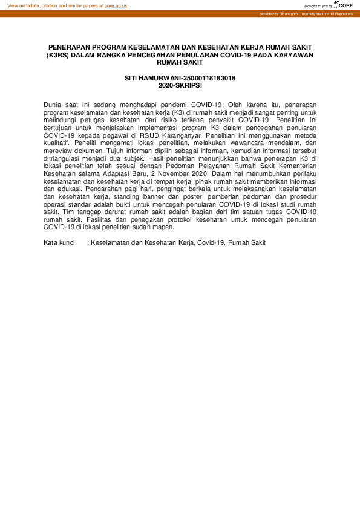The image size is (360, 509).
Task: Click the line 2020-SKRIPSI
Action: [180, 86]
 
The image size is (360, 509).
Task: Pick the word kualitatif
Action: [57, 144]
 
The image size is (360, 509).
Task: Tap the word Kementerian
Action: [295, 167]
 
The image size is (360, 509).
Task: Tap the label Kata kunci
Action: [59, 242]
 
